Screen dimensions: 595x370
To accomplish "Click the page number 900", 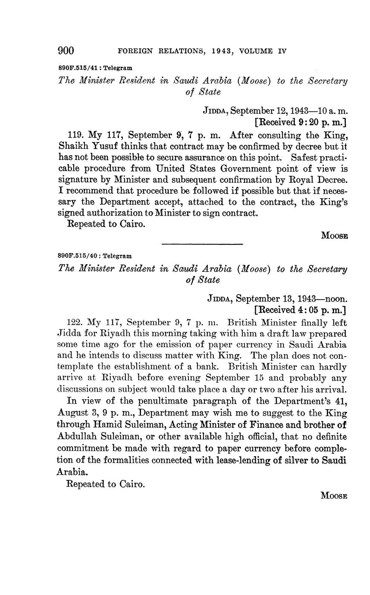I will pyautogui.click(x=66, y=51).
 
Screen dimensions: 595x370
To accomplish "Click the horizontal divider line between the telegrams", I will pyautogui.click(x=202, y=244).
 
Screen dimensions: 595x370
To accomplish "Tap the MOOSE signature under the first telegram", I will pyautogui.click(x=334, y=235).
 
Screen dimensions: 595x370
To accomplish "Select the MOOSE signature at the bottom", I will pyautogui.click(x=334, y=496).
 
